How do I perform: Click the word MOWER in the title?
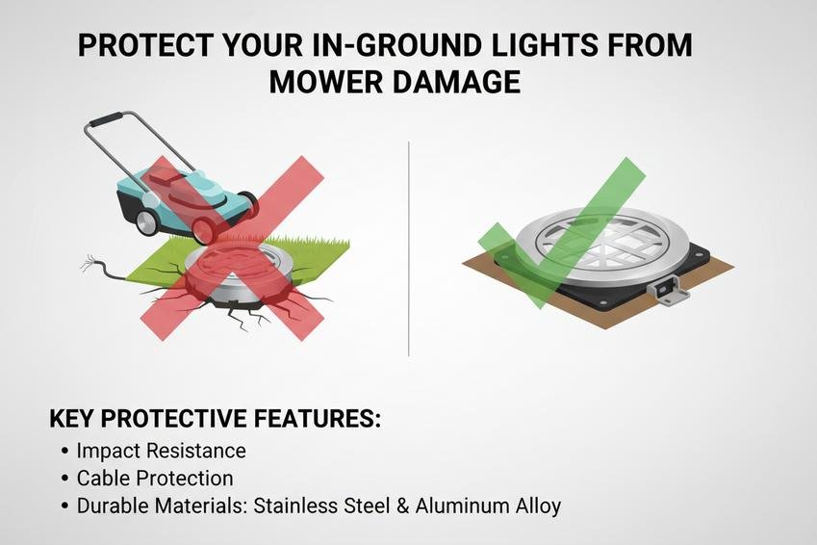[324, 82]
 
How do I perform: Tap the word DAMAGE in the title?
[455, 82]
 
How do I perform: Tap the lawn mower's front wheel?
[205, 230]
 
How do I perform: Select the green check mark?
[562, 232]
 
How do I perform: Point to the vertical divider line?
[409, 248]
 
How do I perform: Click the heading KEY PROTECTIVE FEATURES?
[215, 419]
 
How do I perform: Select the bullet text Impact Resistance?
[161, 451]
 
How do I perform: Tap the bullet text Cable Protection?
[155, 479]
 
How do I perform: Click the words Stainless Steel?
[322, 506]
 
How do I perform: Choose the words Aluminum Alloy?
[488, 506]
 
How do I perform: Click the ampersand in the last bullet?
[403, 506]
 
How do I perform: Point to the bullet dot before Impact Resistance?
[65, 451]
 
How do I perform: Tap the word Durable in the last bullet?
[111, 506]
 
